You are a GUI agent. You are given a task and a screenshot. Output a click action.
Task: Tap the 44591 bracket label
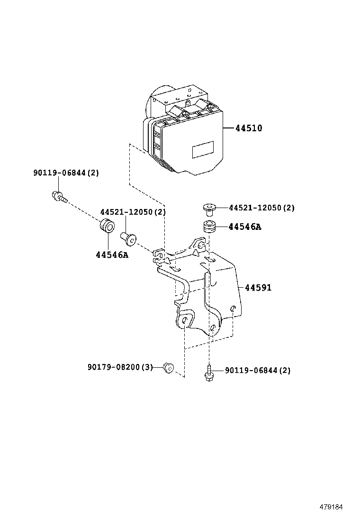pyautogui.click(x=258, y=287)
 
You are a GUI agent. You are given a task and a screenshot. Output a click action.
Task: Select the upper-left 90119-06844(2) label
pyautogui.click(x=66, y=173)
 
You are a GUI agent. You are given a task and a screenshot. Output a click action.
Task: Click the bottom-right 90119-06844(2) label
pyautogui.click(x=257, y=370)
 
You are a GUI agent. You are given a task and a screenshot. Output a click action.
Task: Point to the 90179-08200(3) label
pyautogui.click(x=120, y=367)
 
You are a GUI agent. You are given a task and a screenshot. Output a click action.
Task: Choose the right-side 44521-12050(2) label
pyautogui.click(x=261, y=208)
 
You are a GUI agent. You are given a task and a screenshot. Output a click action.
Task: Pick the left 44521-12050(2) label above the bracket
pyautogui.click(x=133, y=212)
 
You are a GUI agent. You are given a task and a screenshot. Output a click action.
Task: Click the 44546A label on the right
pyautogui.click(x=244, y=227)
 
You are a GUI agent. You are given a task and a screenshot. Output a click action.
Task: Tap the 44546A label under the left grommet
pyautogui.click(x=112, y=255)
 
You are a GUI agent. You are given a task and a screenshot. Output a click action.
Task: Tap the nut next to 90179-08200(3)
pyautogui.click(x=167, y=367)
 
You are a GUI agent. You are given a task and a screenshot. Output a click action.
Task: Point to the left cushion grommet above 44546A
pyautogui.click(x=107, y=226)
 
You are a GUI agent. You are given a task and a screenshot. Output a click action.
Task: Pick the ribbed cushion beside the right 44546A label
pyautogui.click(x=209, y=227)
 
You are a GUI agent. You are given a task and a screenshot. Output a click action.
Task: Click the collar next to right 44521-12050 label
pyautogui.click(x=209, y=209)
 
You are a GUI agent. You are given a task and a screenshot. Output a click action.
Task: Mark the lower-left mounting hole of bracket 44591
pyautogui.click(x=183, y=322)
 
